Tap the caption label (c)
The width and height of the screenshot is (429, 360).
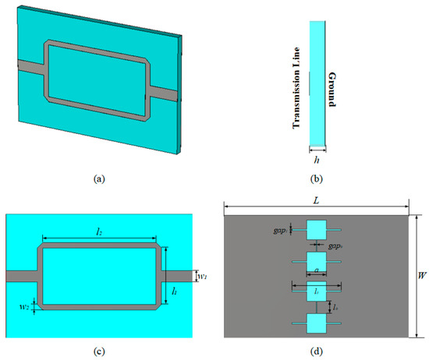pyautogui.click(x=97, y=350)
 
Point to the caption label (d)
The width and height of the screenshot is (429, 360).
pyautogui.click(x=317, y=350)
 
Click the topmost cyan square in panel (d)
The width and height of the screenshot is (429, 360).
pyautogui.click(x=317, y=231)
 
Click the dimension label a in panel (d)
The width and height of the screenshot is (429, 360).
pyautogui.click(x=316, y=269)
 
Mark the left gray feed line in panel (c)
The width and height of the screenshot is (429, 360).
pyautogui.click(x=21, y=276)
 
